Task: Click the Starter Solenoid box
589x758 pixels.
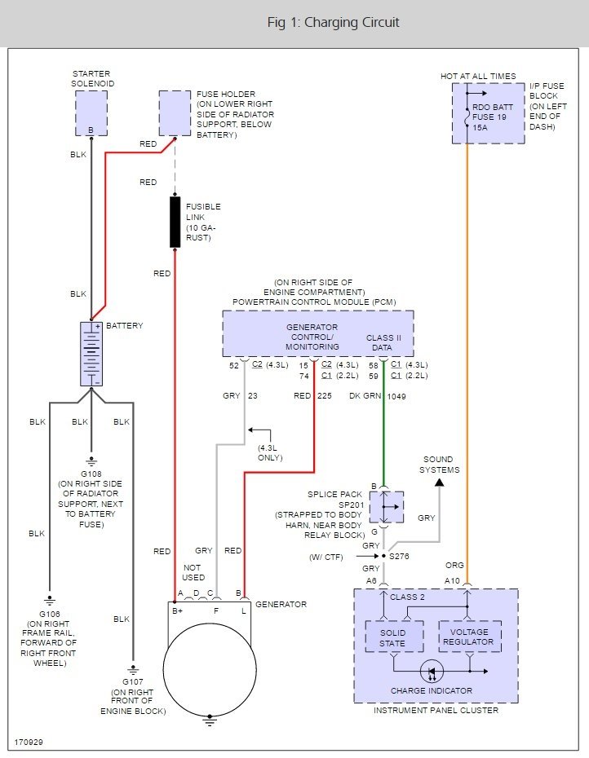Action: (91, 113)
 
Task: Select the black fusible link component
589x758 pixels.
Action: (175, 221)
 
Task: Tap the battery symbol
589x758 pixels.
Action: (91, 353)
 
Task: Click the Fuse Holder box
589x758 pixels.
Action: (175, 113)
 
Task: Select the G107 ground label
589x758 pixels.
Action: (131, 681)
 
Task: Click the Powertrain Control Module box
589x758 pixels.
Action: (318, 333)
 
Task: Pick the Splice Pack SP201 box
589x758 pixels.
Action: (386, 507)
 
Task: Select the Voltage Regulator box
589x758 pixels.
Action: (469, 637)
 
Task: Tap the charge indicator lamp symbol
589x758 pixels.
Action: (432, 672)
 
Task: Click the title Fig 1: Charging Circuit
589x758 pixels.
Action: (333, 22)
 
